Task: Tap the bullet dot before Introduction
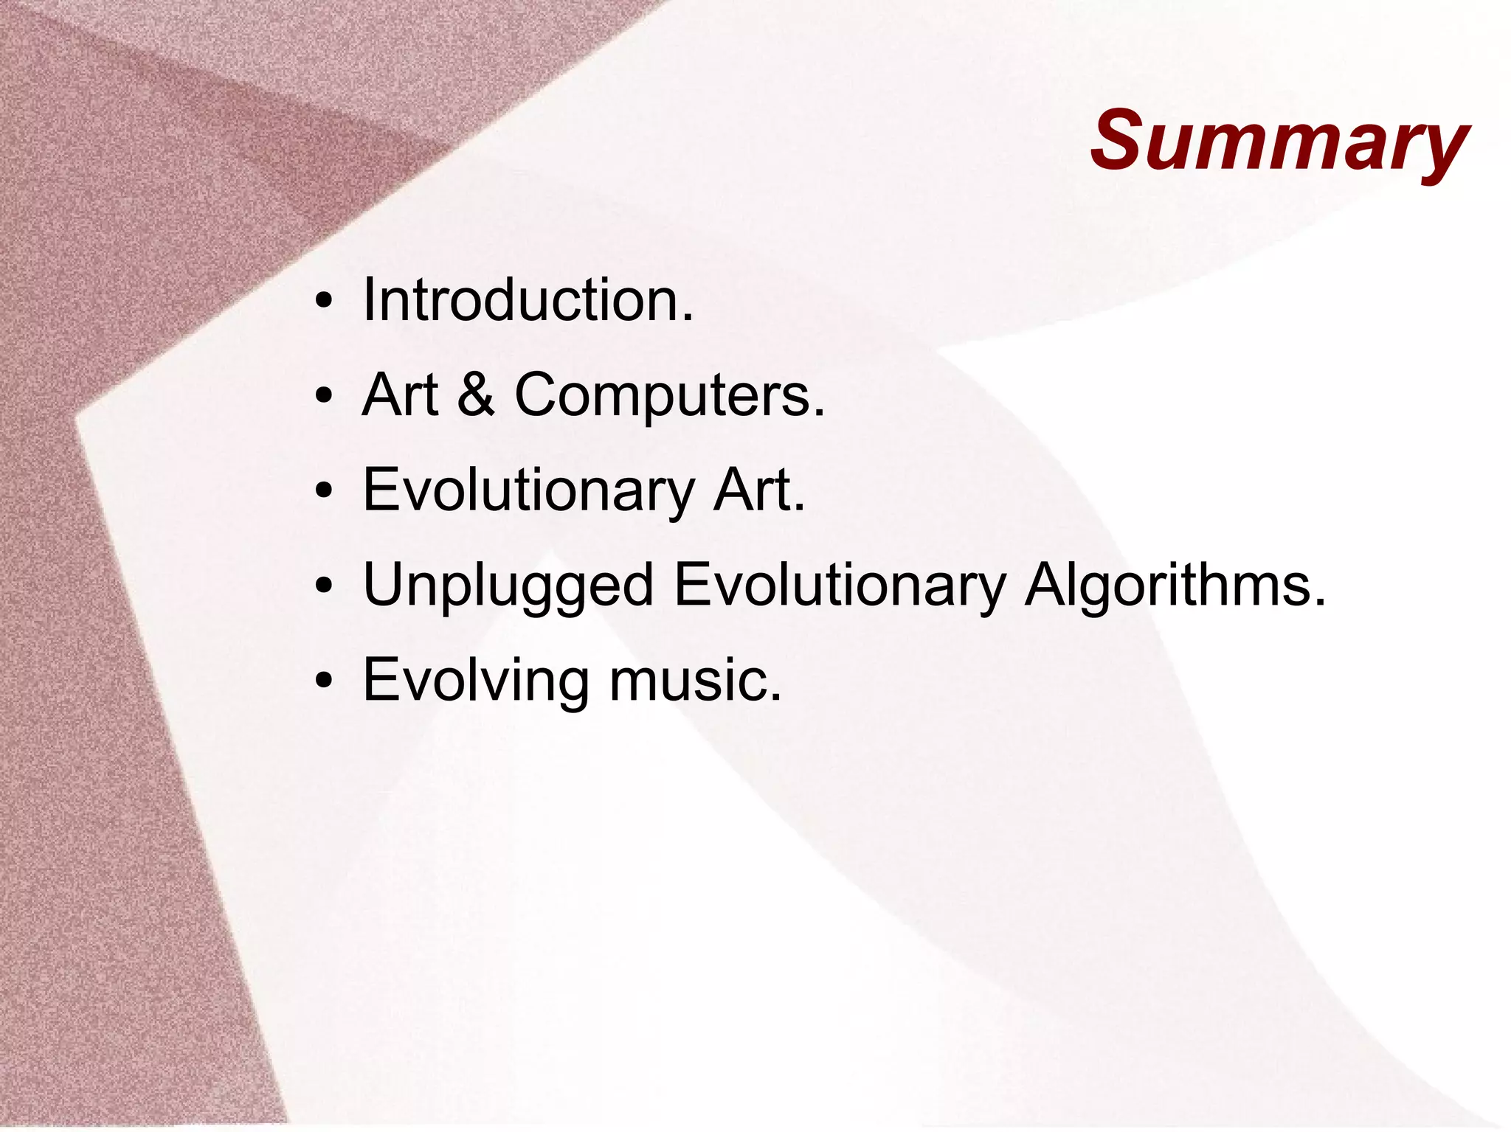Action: (323, 302)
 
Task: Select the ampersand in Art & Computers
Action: (475, 395)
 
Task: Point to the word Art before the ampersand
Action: (400, 395)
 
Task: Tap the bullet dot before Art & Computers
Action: (323, 396)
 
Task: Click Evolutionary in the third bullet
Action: (528, 490)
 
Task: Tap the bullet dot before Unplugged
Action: (323, 586)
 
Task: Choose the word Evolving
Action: (476, 680)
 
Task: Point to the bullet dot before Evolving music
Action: (323, 681)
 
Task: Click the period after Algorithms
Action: (1319, 603)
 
